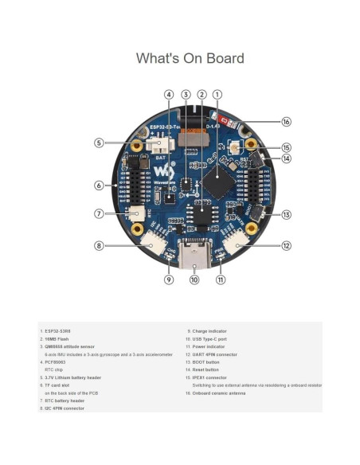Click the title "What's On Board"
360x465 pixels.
point(190,58)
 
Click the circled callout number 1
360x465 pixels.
point(217,95)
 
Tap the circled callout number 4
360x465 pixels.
point(169,95)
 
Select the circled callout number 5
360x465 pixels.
point(99,143)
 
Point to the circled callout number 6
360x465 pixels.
point(99,186)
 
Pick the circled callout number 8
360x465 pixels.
point(99,246)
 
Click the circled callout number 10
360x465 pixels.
point(194,279)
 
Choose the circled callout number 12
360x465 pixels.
point(286,246)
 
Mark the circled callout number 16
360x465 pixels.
point(286,122)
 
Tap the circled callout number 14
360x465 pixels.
point(286,158)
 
